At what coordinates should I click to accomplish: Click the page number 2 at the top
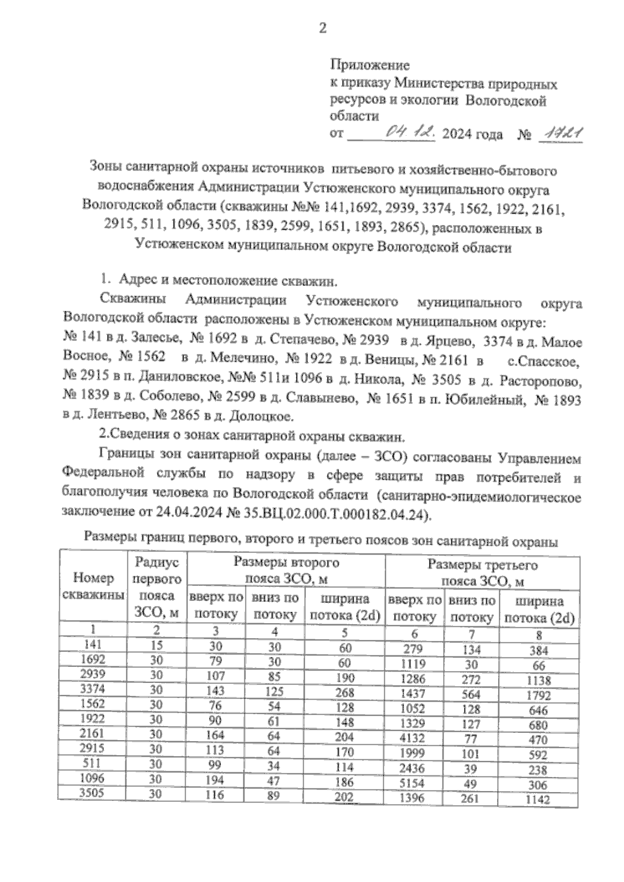coord(322,29)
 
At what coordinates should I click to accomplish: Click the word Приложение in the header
coord(370,65)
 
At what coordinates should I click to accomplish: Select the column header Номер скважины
coord(93,586)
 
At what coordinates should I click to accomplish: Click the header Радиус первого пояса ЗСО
coord(157,587)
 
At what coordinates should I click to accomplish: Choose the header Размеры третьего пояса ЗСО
coord(482,572)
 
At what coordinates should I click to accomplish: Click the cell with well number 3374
coord(94,689)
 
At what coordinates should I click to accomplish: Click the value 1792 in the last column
coord(538,695)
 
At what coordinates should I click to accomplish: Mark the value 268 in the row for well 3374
coord(344,692)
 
